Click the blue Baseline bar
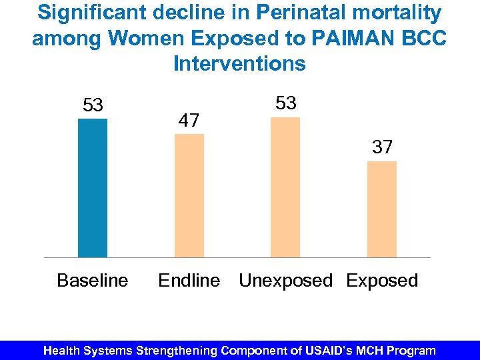point(93,188)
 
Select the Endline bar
point(189,195)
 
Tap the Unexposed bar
point(285,187)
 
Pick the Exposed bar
point(382,209)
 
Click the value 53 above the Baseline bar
point(93,105)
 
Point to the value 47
point(189,121)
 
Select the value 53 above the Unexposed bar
point(285,103)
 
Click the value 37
point(382,147)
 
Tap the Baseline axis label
point(93,281)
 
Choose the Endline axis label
point(189,281)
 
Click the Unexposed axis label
point(285,281)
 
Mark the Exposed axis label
point(382,281)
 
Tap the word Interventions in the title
point(239,64)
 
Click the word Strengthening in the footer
point(177,350)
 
